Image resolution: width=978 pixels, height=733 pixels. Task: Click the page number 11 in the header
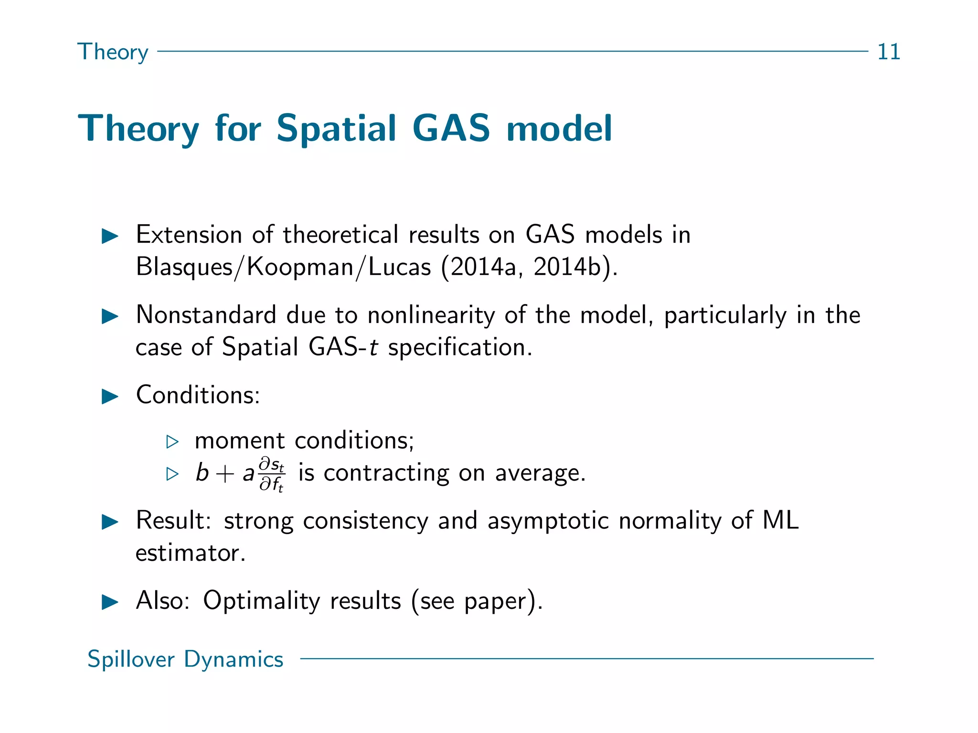click(889, 52)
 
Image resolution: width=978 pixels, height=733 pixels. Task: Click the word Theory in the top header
click(113, 52)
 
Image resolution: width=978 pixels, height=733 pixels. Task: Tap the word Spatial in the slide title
click(336, 128)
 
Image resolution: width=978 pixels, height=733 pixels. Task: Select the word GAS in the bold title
click(451, 128)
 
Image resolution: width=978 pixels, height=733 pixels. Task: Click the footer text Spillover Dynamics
click(185, 659)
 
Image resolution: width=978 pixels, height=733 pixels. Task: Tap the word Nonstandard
click(206, 315)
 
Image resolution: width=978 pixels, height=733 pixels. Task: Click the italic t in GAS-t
click(374, 347)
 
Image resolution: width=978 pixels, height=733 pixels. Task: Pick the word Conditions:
click(198, 395)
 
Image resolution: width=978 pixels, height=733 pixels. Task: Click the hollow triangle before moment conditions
click(172, 441)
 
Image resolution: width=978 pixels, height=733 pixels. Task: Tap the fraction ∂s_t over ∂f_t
click(272, 474)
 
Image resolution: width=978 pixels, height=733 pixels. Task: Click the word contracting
click(386, 473)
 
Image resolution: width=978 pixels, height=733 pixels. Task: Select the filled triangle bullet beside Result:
click(110, 522)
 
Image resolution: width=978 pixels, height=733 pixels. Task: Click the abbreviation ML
click(780, 520)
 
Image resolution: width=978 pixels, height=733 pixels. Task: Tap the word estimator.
click(190, 553)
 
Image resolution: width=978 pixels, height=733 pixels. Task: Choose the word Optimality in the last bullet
click(261, 601)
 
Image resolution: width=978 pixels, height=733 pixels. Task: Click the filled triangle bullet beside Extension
click(110, 236)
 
